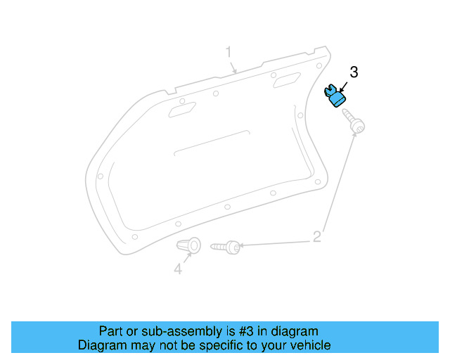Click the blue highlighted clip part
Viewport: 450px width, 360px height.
tap(337, 96)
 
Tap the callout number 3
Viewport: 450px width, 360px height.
tap(354, 72)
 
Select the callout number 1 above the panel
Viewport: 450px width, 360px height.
tap(229, 52)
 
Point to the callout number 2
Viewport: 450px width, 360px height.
tap(317, 236)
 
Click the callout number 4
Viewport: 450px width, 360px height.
tap(178, 269)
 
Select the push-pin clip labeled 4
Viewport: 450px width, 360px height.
tap(190, 245)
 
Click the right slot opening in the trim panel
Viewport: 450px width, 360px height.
tap(285, 82)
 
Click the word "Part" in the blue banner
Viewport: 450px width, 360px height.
tap(112, 331)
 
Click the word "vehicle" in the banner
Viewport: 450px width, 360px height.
tap(310, 345)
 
